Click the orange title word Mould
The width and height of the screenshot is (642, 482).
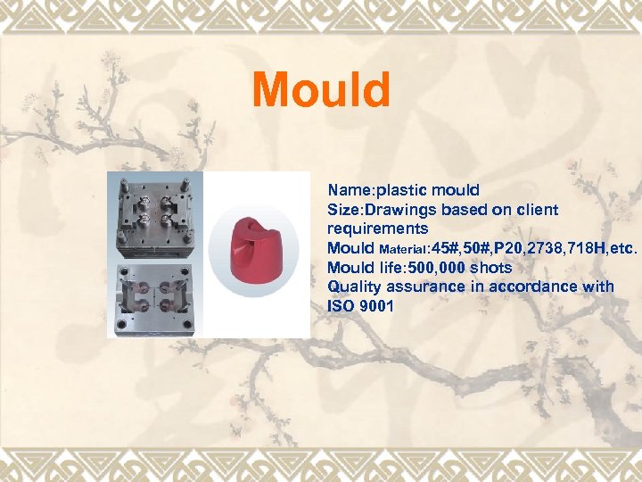click(x=321, y=90)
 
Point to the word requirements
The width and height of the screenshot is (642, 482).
click(x=377, y=229)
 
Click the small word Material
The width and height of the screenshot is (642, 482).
click(x=404, y=249)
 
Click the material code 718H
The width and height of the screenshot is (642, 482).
click(x=592, y=248)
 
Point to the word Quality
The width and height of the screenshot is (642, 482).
click(x=353, y=287)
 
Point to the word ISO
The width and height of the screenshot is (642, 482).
click(x=340, y=306)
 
